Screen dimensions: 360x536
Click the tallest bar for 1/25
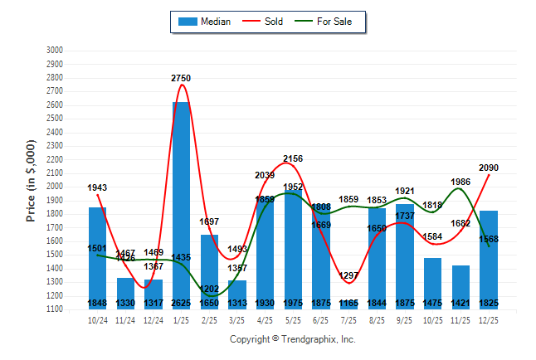[182, 203]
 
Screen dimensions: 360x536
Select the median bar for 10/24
[98, 257]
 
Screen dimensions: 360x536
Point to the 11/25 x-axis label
[460, 320]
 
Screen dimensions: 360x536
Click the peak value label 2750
[181, 78]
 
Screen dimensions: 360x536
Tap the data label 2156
[293, 158]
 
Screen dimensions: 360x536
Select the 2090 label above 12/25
[489, 168]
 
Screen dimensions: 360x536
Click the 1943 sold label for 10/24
[97, 188]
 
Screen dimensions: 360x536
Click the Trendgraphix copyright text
[292, 339]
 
